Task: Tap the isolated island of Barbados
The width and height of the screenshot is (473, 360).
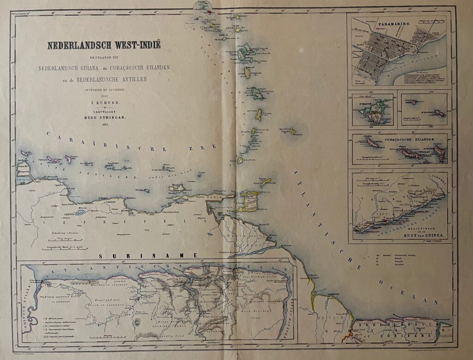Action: [x=292, y=131]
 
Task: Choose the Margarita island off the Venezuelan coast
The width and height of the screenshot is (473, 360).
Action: [x=177, y=189]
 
